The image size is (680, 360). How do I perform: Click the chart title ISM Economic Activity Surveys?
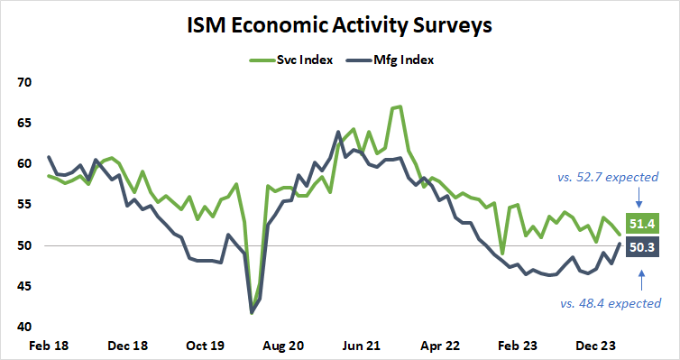[x=339, y=24]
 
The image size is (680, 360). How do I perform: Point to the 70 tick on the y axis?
[x=23, y=83]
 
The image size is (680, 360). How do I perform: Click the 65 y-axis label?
[x=23, y=124]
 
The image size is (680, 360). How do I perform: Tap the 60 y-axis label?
[x=23, y=164]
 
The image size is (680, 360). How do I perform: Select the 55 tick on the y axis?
[x=23, y=205]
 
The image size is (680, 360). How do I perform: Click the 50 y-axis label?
[x=23, y=245]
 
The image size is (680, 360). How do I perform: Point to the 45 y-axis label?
[x=23, y=286]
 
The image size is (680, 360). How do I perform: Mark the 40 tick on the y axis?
[x=23, y=327]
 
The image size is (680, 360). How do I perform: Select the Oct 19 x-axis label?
[x=206, y=345]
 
